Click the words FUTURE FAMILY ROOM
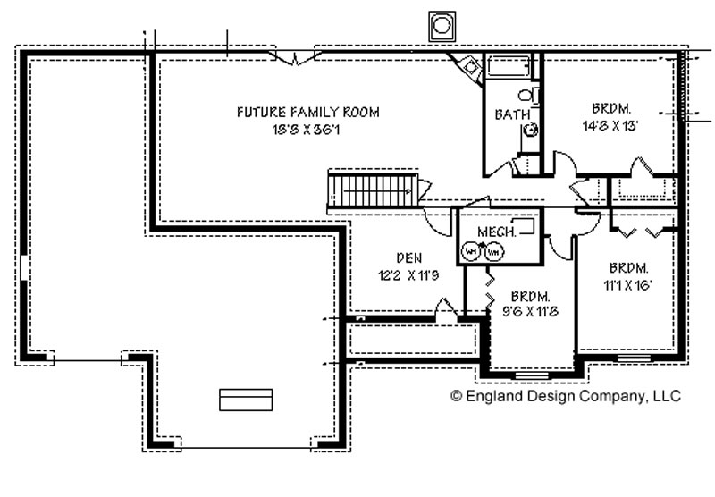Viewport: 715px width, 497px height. [x=307, y=113]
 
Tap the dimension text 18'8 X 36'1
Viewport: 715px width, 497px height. [x=307, y=130]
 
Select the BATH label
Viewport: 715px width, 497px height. [x=512, y=114]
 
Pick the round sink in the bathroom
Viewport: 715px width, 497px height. [x=530, y=131]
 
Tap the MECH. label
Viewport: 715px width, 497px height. [x=497, y=232]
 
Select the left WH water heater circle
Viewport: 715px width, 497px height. [x=472, y=252]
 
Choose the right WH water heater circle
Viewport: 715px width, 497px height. [x=493, y=252]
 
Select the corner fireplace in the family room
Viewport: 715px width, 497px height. [x=468, y=68]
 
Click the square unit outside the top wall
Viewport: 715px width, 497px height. [x=442, y=26]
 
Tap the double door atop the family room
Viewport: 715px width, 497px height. [x=296, y=58]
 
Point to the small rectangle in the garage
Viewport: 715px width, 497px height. [x=245, y=400]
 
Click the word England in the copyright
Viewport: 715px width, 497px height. [x=490, y=395]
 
